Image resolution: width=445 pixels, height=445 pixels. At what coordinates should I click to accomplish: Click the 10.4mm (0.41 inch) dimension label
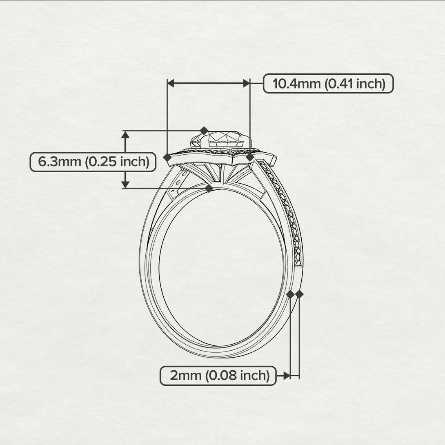(328, 83)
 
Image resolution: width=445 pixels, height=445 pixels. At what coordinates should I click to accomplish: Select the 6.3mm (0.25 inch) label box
(93, 162)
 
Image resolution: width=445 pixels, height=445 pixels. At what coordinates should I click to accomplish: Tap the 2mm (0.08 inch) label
(218, 376)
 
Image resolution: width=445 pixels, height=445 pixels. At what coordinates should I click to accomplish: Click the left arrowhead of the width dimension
(171, 83)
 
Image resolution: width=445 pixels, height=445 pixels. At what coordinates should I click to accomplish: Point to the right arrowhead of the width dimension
(247, 83)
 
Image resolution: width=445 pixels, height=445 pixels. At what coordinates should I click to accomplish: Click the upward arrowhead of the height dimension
(125, 135)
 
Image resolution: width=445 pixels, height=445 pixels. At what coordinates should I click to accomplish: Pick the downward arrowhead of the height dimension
(125, 185)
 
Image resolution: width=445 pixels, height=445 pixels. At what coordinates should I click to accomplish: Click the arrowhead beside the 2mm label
(287, 376)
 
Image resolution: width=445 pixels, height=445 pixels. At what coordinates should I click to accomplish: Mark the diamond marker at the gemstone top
(204, 131)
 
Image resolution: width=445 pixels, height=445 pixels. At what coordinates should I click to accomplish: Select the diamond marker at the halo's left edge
(167, 157)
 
